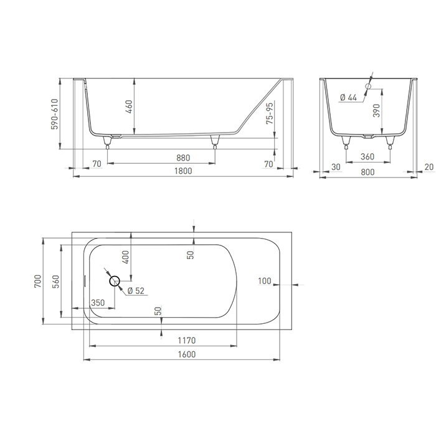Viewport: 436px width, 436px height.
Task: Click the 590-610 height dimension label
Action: [x=54, y=113]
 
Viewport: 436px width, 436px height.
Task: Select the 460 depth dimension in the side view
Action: [x=129, y=106]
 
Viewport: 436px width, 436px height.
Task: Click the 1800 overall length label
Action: [x=182, y=171]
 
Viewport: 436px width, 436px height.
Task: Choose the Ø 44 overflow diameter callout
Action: [x=348, y=97]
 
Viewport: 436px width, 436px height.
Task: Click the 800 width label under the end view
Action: [x=367, y=171]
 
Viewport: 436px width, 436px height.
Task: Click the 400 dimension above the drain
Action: [x=125, y=255]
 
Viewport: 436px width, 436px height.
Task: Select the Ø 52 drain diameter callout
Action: [x=136, y=290]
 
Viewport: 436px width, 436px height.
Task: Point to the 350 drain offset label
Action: [x=98, y=302]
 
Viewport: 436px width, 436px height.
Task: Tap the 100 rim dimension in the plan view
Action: [x=265, y=282]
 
